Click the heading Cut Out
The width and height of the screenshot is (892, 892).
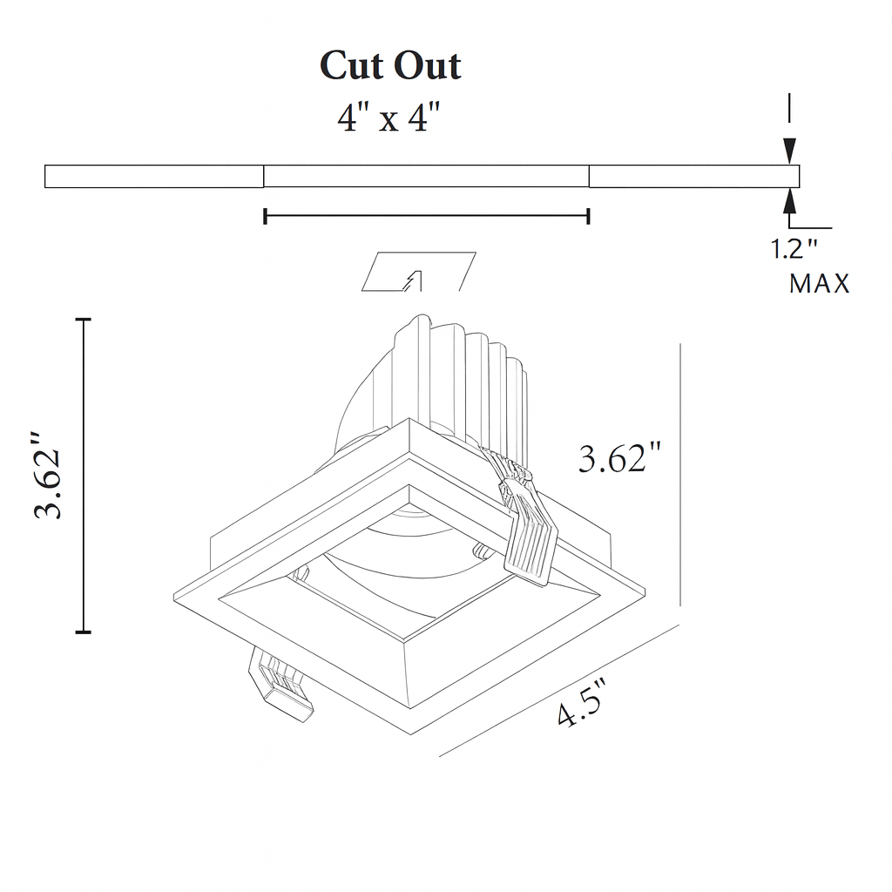tap(390, 66)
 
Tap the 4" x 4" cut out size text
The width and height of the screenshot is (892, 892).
tap(384, 118)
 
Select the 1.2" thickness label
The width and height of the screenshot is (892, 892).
tap(794, 250)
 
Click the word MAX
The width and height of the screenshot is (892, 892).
tap(819, 284)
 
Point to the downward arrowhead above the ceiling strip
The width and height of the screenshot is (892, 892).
tap(789, 151)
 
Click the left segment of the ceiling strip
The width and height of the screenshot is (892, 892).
tap(154, 176)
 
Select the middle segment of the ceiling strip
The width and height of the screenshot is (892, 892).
tap(426, 176)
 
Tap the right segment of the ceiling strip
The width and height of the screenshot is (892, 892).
tap(693, 176)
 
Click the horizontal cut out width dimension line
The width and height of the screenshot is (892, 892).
tap(426, 216)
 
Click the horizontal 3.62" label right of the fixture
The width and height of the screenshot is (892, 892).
tap(620, 459)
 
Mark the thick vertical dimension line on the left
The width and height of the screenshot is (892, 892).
tap(84, 476)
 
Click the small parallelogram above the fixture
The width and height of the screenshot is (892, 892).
tap(418, 271)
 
